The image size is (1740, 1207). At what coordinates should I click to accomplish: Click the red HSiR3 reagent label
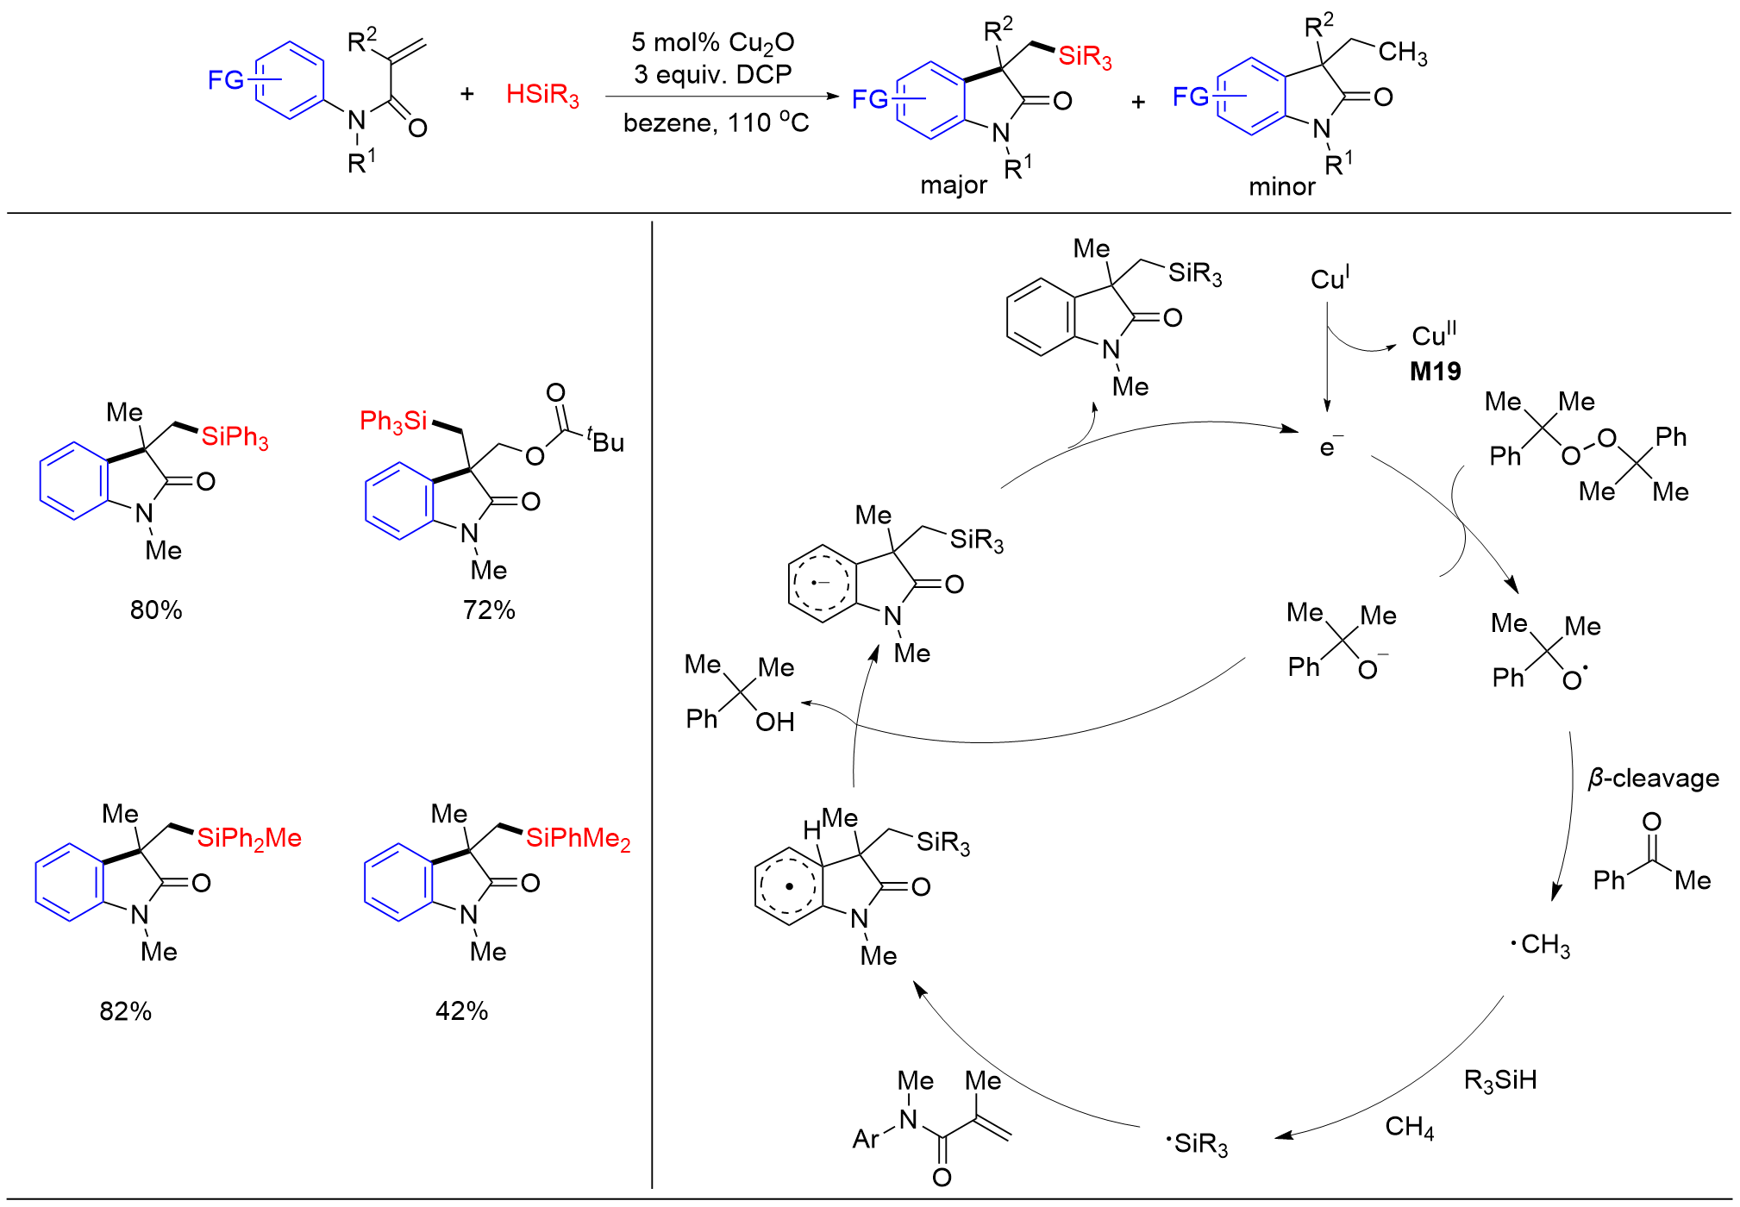542,95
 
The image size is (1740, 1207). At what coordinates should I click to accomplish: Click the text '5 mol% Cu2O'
712,42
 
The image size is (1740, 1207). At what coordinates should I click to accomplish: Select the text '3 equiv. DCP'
712,74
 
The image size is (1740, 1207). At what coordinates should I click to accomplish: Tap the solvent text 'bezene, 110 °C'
716,123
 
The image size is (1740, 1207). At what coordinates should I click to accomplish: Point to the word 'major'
953,185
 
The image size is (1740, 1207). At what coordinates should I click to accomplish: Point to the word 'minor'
1281,186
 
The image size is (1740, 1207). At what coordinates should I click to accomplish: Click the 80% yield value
156,610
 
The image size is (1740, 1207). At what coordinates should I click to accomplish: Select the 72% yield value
489,610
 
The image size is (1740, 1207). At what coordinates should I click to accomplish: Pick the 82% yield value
126,1011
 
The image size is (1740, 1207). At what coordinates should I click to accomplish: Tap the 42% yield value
461,1011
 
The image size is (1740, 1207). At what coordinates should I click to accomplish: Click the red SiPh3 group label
235,437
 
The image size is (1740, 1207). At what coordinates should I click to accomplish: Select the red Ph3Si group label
393,422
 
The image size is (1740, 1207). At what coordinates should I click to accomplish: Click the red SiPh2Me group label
249,839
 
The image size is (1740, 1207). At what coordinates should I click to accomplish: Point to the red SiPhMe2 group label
578,839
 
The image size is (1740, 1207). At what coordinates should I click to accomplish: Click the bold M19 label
1435,372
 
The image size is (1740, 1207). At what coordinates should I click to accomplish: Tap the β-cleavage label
1653,779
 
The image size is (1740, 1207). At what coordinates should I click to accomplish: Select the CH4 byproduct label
1409,1127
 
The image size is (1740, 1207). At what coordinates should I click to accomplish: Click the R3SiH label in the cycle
1499,1080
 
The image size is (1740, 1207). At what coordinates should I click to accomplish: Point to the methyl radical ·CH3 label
1541,945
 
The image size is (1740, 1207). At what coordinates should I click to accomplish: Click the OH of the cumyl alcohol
774,722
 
